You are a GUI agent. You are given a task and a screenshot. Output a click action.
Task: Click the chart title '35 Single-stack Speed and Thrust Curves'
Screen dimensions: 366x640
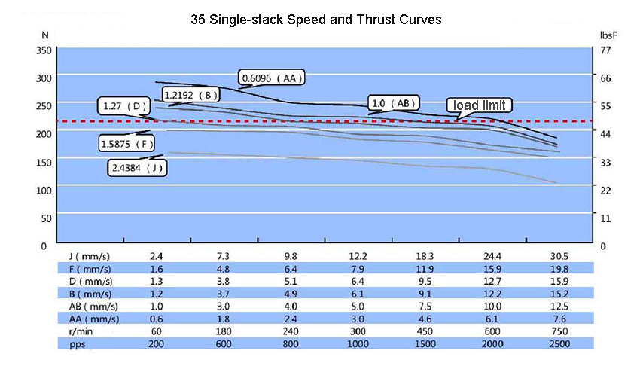tap(316, 20)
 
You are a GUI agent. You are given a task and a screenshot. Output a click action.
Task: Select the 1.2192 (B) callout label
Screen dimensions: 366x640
tap(191, 95)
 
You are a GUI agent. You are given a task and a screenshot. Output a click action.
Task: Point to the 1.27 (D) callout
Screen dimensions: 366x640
tap(124, 106)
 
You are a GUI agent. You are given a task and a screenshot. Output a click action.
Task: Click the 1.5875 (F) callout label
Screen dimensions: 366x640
tap(127, 143)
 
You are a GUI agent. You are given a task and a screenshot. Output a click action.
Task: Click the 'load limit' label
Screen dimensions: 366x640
tap(480, 105)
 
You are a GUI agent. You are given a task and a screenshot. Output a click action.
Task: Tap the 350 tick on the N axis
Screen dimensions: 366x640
tap(44, 50)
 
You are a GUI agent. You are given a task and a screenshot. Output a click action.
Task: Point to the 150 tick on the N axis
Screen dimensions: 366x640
tap(44, 161)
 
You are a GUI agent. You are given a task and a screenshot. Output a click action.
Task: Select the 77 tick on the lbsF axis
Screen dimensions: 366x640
tap(605, 50)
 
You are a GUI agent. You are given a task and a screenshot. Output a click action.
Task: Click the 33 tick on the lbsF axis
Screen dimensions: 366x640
tap(605, 161)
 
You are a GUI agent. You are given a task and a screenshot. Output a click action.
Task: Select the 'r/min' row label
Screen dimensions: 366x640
tap(80, 331)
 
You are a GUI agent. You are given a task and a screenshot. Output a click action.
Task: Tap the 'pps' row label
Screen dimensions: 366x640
tap(76, 343)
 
